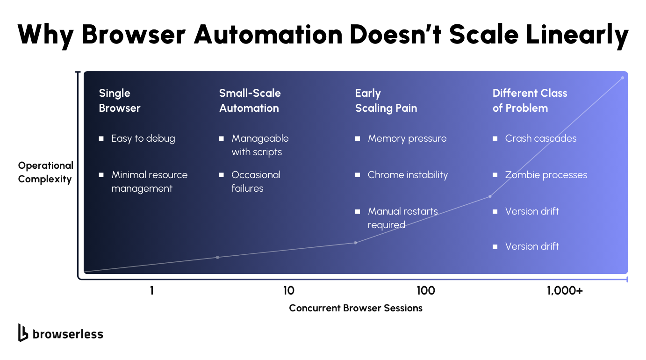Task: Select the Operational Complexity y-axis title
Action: (x=46, y=172)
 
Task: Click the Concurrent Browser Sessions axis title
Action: (x=356, y=308)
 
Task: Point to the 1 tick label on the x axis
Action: (x=152, y=291)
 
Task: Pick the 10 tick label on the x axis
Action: (x=289, y=291)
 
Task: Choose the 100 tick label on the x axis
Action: (x=425, y=291)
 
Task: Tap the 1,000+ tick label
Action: (x=565, y=291)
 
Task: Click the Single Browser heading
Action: (x=120, y=101)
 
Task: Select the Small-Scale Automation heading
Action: (x=250, y=101)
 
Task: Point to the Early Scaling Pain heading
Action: (x=386, y=101)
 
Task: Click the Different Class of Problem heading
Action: (x=530, y=101)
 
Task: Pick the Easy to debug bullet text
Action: (x=143, y=138)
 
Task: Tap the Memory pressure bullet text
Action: (x=407, y=138)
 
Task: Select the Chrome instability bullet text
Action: (x=408, y=175)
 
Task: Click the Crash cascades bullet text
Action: (x=541, y=138)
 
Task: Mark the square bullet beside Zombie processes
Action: (x=495, y=175)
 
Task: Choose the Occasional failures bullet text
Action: (x=256, y=181)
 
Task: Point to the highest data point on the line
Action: (x=622, y=78)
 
